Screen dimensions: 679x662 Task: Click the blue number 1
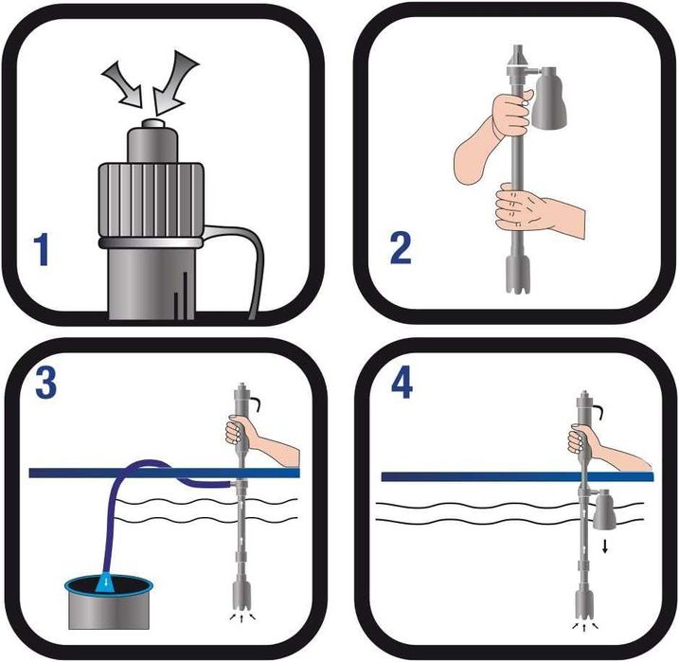click(42, 249)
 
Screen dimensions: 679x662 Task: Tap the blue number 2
click(401, 247)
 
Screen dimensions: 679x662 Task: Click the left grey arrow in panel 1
click(123, 85)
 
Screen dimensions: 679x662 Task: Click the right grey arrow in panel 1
click(174, 82)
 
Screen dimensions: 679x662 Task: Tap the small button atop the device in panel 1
click(153, 124)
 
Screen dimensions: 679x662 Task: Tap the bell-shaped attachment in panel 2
click(549, 98)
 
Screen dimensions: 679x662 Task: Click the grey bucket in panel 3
click(109, 602)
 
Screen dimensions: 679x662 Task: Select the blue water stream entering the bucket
click(105, 584)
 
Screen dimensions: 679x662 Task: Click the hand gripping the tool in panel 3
click(259, 438)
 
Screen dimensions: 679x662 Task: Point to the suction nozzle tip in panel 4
click(583, 604)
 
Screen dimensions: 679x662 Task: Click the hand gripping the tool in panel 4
click(602, 447)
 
